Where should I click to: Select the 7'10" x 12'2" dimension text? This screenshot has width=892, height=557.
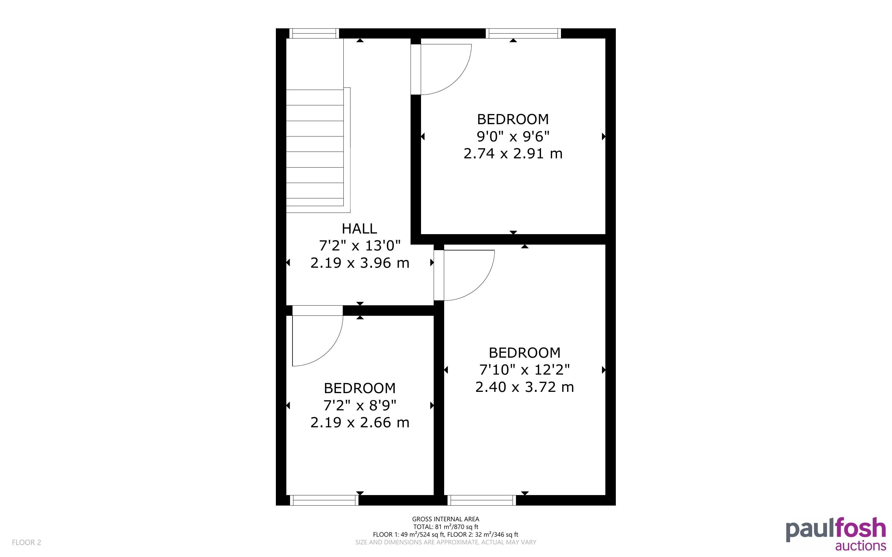click(x=524, y=369)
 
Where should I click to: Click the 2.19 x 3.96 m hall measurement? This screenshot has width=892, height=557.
click(x=360, y=263)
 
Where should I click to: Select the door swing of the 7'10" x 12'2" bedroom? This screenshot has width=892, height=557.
click(x=480, y=286)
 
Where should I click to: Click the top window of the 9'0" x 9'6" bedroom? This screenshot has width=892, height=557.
click(x=523, y=34)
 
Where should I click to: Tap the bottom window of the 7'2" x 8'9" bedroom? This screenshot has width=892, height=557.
click(x=324, y=500)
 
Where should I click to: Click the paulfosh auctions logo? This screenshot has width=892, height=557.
click(x=836, y=534)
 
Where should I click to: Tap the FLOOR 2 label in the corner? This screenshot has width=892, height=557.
click(x=27, y=542)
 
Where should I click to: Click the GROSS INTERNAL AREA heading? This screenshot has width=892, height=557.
click(x=445, y=519)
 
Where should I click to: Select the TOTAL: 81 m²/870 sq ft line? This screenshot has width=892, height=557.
click(x=445, y=527)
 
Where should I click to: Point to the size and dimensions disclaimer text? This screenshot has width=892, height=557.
click(x=445, y=542)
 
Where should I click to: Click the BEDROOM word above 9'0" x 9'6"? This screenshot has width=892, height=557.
click(x=513, y=119)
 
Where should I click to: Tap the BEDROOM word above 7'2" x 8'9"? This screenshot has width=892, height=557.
click(x=360, y=388)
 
